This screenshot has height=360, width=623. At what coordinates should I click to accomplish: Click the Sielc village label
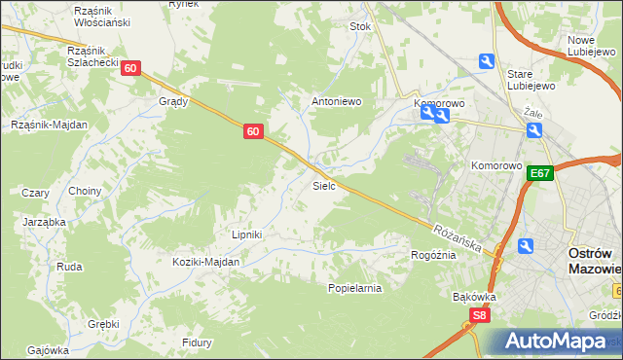click(323, 184)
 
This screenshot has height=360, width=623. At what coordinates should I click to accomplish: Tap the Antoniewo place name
click(336, 100)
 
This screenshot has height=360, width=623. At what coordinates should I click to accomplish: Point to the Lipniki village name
click(247, 234)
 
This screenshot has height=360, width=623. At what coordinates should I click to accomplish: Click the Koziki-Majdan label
click(205, 262)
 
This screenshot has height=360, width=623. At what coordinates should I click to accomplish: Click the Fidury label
click(197, 342)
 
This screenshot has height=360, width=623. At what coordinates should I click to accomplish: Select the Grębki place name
click(102, 324)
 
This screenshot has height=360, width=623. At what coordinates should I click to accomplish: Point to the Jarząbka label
click(44, 222)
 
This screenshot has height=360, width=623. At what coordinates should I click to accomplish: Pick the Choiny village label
click(85, 192)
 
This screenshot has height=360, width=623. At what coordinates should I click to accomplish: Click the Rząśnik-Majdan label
click(49, 125)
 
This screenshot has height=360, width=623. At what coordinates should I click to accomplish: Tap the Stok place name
click(361, 27)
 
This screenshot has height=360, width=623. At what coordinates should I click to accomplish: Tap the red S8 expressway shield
click(478, 315)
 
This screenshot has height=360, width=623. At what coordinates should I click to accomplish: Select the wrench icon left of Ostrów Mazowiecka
click(527, 247)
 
